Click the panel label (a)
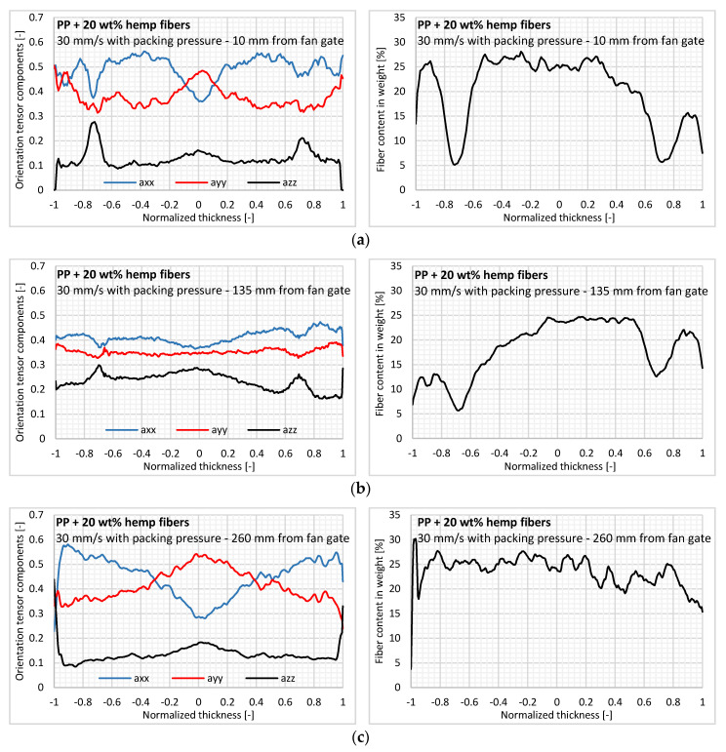coord(362,236)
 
